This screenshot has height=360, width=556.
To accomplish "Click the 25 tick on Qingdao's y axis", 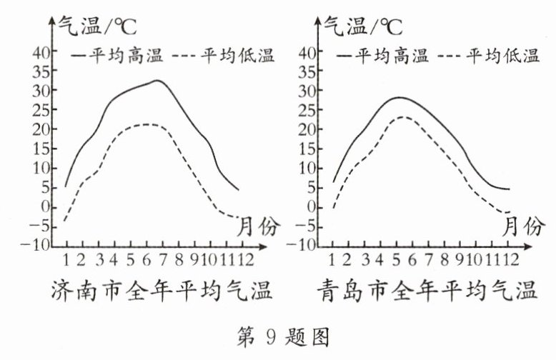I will (x=307, y=110).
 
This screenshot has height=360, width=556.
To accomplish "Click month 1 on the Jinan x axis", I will (x=66, y=258).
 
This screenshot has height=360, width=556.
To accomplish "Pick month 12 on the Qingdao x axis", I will (x=508, y=258).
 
